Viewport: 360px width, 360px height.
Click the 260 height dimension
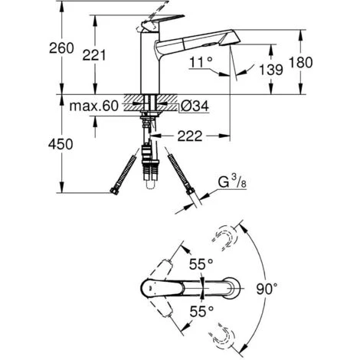pyautogui.click(x=17, y=47)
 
